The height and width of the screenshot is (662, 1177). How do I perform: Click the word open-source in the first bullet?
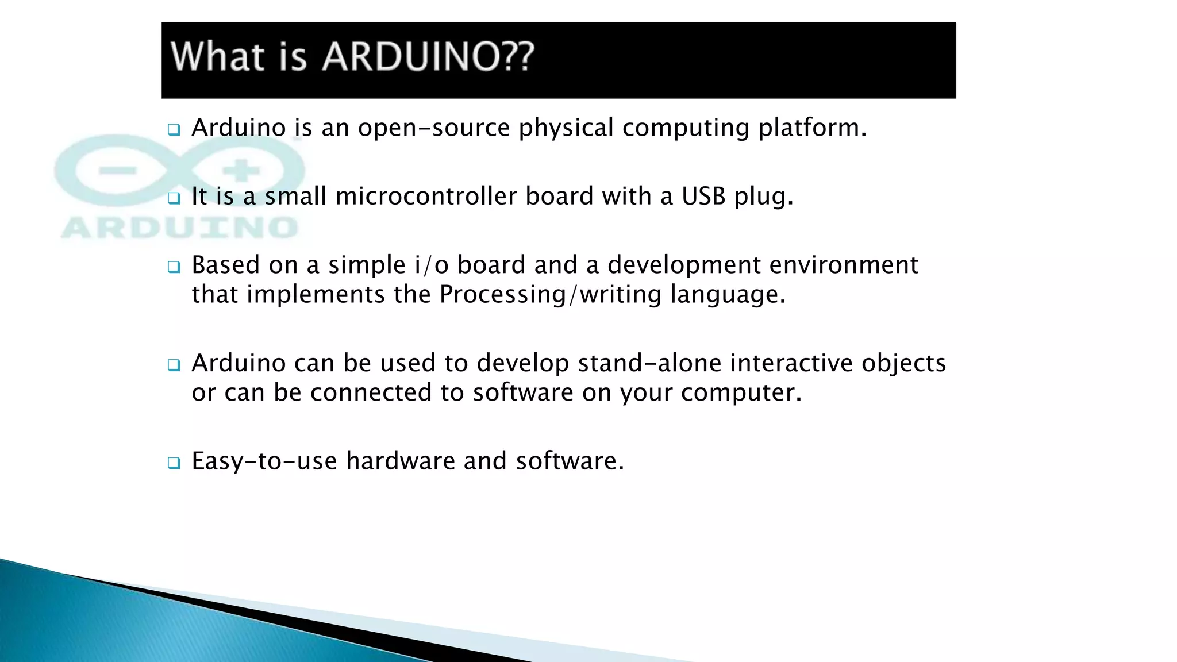[434, 128]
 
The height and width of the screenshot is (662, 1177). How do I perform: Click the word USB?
[703, 197]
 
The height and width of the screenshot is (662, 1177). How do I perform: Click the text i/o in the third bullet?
[431, 265]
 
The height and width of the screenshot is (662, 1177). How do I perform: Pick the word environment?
[844, 265]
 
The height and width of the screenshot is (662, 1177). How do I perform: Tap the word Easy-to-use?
[264, 461]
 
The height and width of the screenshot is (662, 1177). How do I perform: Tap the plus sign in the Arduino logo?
[242, 171]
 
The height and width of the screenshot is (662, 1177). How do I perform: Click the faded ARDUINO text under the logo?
[179, 228]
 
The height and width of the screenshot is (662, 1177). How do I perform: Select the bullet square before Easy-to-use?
[174, 463]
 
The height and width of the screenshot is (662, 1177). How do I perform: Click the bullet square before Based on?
[174, 267]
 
